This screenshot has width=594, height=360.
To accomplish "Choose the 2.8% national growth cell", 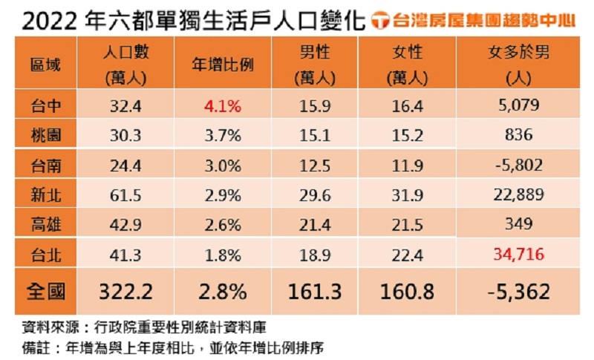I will click(223, 291).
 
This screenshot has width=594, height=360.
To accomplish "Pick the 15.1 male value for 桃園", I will click(314, 135).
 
